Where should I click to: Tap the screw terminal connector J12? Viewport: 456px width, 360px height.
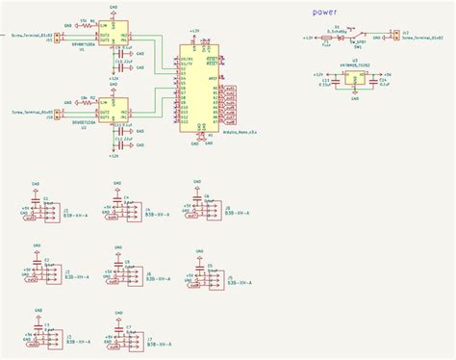(x=394, y=37)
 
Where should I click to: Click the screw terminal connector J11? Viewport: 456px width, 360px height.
(x=57, y=38)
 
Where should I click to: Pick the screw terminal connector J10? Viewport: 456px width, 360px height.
(x=57, y=115)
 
